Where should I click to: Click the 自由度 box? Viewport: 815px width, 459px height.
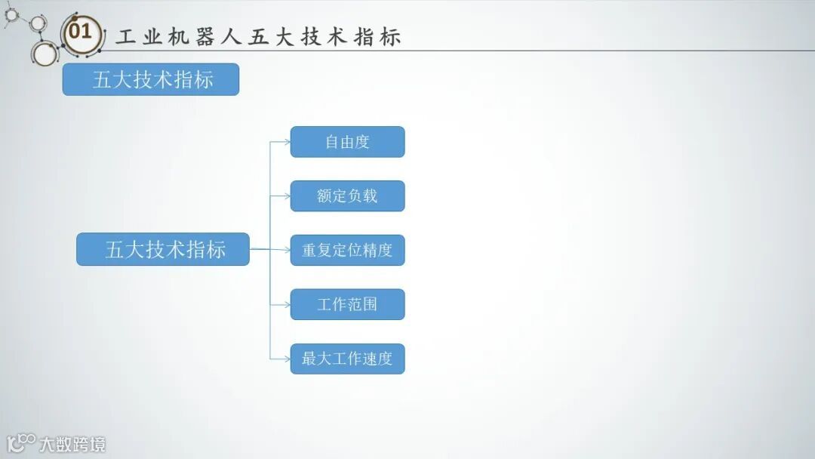(347, 142)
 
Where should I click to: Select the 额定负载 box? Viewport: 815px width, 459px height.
(347, 196)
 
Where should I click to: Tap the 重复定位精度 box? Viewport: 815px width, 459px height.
(347, 250)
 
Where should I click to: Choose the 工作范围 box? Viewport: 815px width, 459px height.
(347, 304)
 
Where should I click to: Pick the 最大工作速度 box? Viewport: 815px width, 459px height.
(347, 359)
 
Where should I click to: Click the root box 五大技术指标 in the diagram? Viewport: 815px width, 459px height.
(163, 249)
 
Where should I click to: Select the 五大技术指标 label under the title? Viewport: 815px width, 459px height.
(151, 79)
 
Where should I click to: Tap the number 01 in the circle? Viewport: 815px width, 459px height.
(79, 32)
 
